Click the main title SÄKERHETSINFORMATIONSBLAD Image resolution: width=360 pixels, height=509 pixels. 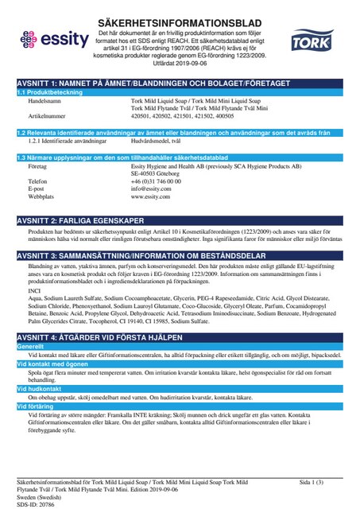(180, 17)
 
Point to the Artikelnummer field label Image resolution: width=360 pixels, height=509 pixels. (46, 115)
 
